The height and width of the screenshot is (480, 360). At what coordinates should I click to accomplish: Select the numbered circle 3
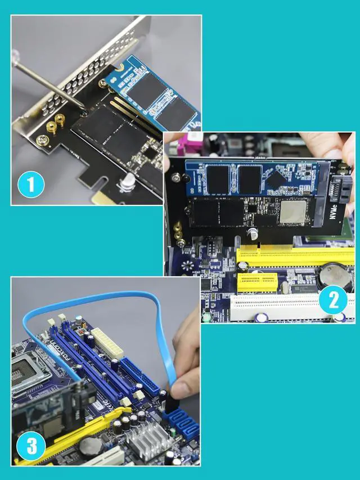[31, 447]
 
